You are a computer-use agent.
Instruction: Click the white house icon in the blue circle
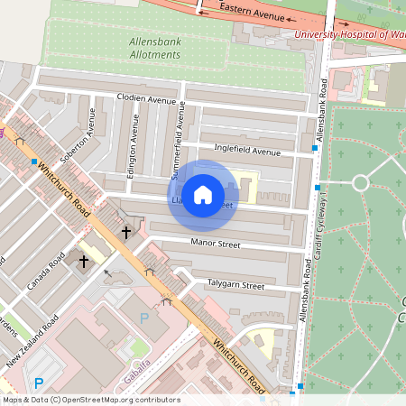point(203,194)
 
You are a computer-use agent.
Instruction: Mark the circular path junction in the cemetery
point(360,183)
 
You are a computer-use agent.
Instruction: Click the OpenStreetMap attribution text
point(90,400)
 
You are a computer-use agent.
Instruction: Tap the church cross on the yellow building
point(84,261)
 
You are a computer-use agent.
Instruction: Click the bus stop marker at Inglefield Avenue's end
point(315,147)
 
